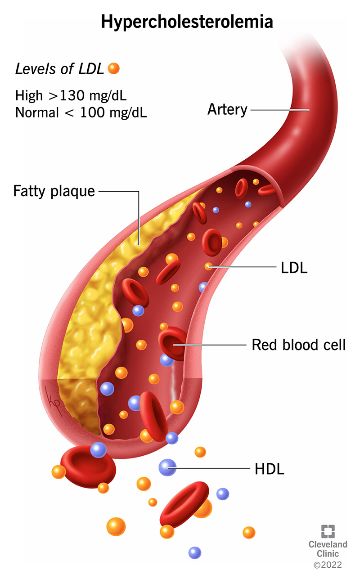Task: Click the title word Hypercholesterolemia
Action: click(180, 21)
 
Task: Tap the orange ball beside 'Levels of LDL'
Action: click(114, 68)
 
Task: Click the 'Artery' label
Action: click(227, 109)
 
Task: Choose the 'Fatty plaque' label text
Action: click(54, 191)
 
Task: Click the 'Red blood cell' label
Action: click(299, 345)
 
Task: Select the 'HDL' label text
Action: click(270, 469)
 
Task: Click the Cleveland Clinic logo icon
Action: click(328, 531)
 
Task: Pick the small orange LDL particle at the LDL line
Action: click(208, 266)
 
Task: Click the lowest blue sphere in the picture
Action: click(194, 552)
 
